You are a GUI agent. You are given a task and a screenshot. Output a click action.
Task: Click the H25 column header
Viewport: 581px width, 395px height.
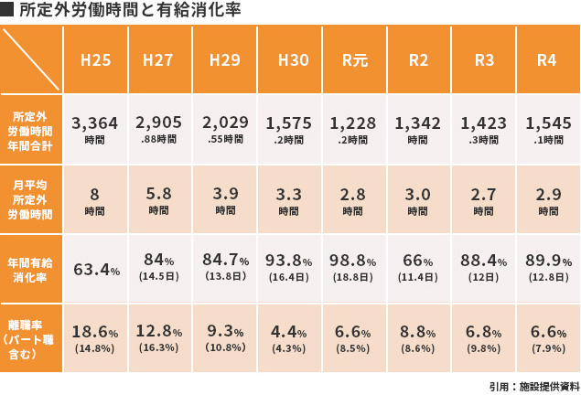(x=96, y=60)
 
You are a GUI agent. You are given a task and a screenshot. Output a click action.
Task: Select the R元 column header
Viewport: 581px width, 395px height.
(x=354, y=60)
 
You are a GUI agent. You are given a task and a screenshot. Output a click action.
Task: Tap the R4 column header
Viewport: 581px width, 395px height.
(x=546, y=60)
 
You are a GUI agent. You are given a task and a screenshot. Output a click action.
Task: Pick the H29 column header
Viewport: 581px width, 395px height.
(x=225, y=60)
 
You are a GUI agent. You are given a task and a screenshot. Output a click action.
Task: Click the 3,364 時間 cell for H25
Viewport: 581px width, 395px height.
(x=95, y=129)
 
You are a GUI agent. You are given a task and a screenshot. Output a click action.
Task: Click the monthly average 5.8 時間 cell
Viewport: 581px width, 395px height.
(x=159, y=199)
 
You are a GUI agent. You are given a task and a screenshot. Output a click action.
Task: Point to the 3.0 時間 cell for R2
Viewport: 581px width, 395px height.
(x=418, y=199)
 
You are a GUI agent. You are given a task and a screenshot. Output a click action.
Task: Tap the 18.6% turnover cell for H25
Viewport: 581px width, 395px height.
(x=96, y=337)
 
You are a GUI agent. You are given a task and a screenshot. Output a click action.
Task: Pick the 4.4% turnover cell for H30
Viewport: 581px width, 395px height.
(x=289, y=337)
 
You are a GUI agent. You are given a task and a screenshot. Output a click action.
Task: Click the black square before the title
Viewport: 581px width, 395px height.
(x=7, y=11)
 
